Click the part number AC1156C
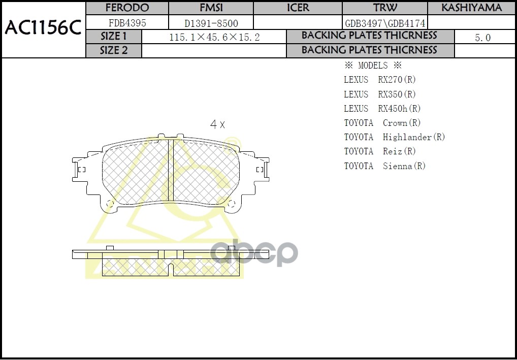coord(43,28)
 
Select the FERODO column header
coord(127,8)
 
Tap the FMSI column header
coord(210,8)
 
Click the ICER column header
coord(298,8)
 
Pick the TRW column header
coord(385,8)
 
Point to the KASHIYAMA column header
coord(471,8)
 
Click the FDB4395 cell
coord(127,23)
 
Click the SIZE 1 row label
coord(114,37)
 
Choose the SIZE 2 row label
coord(114,50)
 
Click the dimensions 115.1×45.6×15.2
coord(214,37)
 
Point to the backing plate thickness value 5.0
coord(482,38)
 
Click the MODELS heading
coord(373,66)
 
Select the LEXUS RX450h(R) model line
coord(382,109)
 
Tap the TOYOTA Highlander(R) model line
coord(395,137)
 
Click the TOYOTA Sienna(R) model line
coord(384,166)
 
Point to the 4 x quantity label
coord(217,124)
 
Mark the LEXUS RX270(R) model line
coord(380,80)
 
